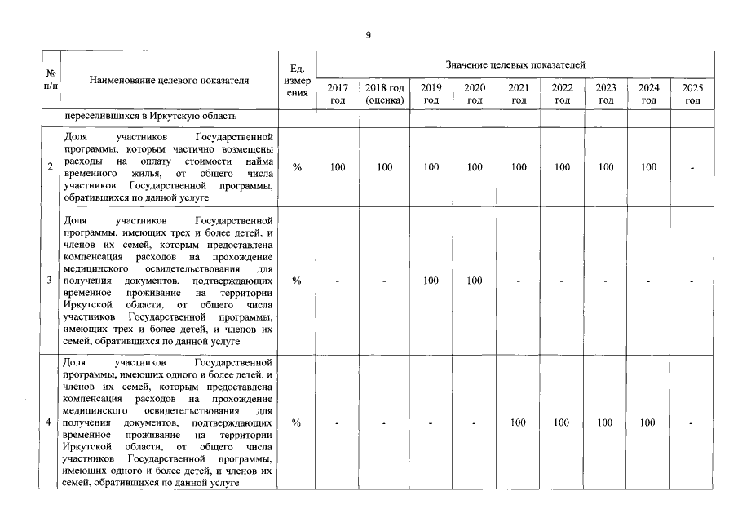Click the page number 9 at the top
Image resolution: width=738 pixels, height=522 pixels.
368,35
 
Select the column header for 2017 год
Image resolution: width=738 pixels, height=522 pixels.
338,93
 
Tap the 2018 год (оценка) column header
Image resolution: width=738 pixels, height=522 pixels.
385,93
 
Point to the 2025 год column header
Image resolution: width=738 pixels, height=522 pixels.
692,93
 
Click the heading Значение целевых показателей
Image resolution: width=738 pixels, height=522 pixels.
515,64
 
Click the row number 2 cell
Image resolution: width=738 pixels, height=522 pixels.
51,167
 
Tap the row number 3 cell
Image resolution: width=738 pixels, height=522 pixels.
51,281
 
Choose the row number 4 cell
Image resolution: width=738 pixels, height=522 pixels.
51,422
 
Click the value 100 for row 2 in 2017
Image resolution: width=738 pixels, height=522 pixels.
338,167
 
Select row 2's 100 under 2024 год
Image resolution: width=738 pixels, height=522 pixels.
648,167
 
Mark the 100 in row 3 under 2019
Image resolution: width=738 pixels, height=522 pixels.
431,281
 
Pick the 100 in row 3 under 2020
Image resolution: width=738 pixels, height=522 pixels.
475,281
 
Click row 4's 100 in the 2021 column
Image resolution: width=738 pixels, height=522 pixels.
518,422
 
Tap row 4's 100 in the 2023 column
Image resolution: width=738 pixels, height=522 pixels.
605,422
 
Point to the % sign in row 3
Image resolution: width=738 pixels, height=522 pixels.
297,281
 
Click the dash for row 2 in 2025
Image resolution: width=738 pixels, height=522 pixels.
692,167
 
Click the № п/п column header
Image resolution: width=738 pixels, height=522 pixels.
51,79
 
